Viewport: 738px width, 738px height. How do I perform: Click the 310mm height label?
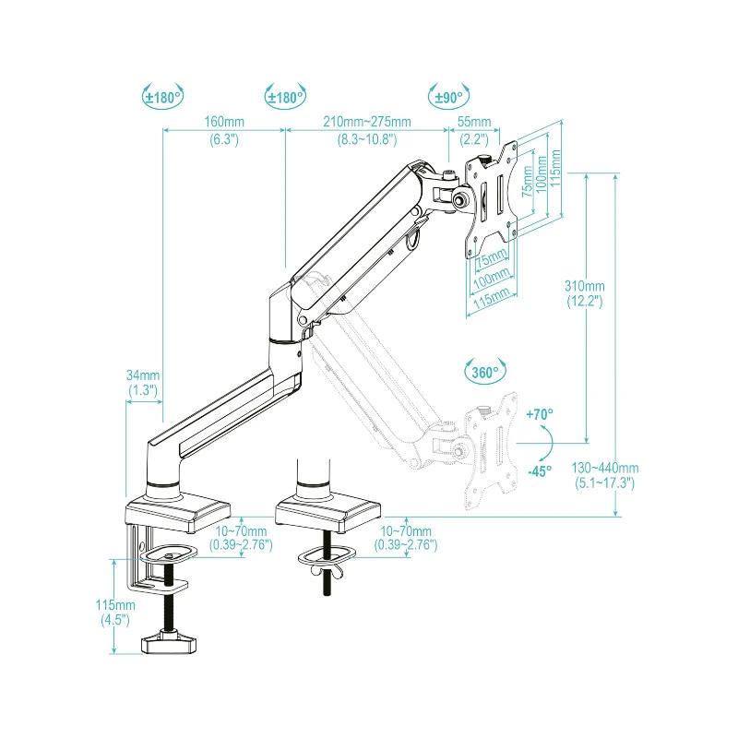[585, 286]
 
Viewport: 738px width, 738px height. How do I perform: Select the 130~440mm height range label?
[605, 467]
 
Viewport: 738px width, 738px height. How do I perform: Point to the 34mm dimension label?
[144, 375]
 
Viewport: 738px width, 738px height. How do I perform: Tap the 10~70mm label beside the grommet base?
[407, 532]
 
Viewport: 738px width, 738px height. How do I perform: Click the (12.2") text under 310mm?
[585, 302]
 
